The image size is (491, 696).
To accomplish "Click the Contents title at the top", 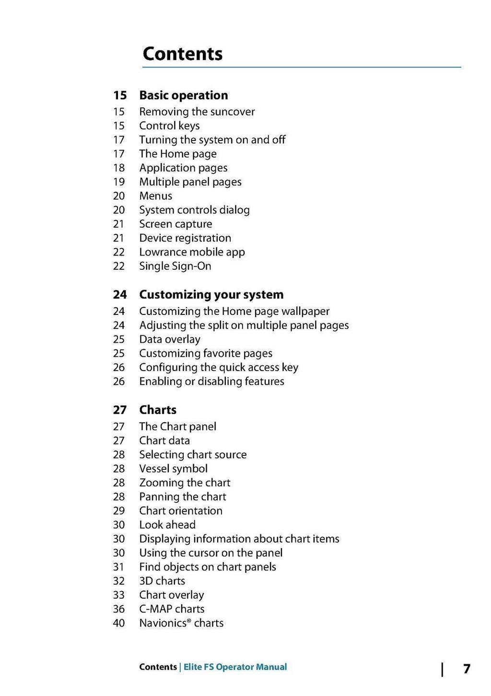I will pyautogui.click(x=183, y=54).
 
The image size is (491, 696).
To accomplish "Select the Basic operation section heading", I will pyautogui.click(x=183, y=95).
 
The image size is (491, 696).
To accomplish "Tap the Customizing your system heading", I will pyautogui.click(x=211, y=294).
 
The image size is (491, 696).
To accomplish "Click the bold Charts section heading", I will pyautogui.click(x=158, y=410).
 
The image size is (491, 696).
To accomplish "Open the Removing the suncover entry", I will pyautogui.click(x=197, y=112).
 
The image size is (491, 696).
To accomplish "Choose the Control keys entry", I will pyautogui.click(x=169, y=126).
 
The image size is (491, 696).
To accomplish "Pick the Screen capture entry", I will pyautogui.click(x=175, y=224).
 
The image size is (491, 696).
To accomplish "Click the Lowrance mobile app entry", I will pyautogui.click(x=192, y=252).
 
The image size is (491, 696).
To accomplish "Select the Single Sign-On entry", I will pyautogui.click(x=175, y=266).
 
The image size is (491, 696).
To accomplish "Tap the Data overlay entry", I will pyautogui.click(x=170, y=339).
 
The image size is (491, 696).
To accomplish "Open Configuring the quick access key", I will pyautogui.click(x=219, y=367).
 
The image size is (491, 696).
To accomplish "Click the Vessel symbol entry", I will pyautogui.click(x=173, y=469).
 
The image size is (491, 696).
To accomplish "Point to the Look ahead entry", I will pyautogui.click(x=167, y=525).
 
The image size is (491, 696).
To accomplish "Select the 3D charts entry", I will pyautogui.click(x=162, y=581).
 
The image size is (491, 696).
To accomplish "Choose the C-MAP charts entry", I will pyautogui.click(x=172, y=609).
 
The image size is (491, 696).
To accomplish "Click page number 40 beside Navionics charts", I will pyautogui.click(x=119, y=623).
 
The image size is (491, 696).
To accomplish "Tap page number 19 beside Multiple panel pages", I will pyautogui.click(x=119, y=182).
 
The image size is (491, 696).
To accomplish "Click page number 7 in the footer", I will pyautogui.click(x=467, y=669).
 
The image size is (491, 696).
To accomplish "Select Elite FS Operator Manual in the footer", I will pyautogui.click(x=235, y=667).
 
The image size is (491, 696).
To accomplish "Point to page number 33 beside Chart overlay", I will pyautogui.click(x=119, y=595).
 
